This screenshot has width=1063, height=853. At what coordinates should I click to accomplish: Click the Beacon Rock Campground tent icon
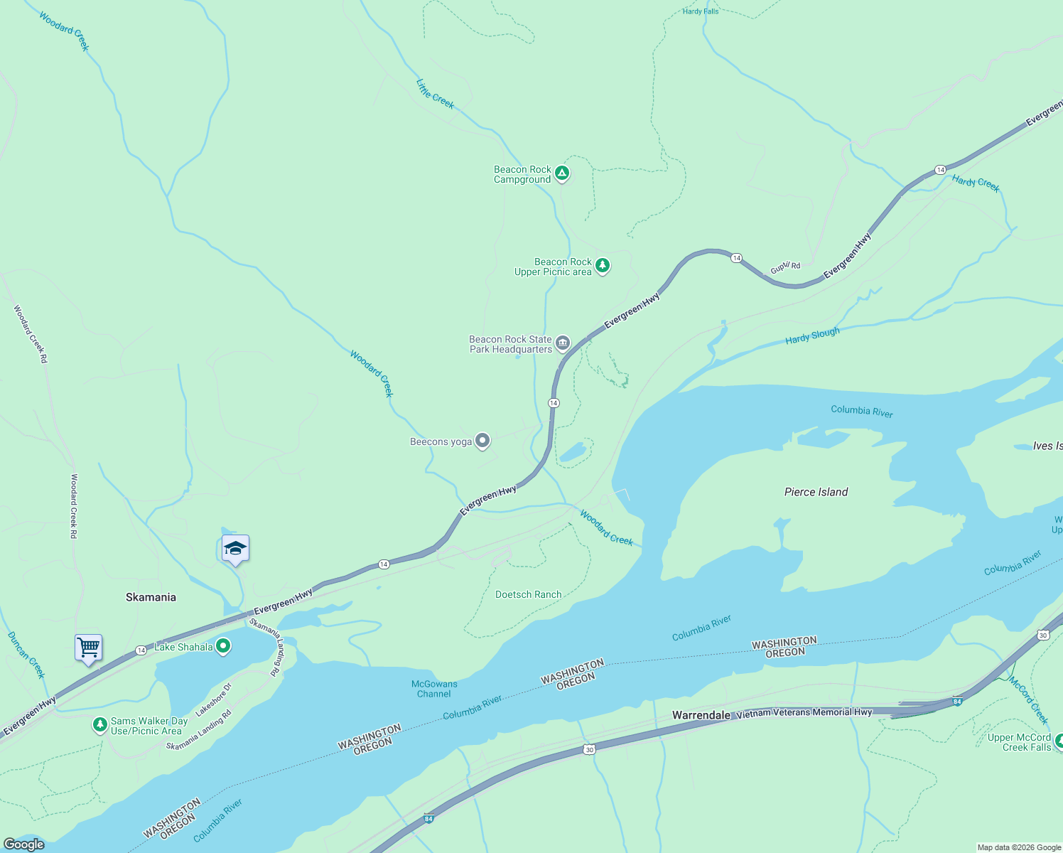click(561, 173)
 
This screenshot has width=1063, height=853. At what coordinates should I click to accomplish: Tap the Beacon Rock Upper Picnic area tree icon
click(603, 265)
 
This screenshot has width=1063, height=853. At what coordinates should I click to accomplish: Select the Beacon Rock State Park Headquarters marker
click(563, 343)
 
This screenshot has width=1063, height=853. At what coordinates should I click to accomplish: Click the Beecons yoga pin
click(482, 441)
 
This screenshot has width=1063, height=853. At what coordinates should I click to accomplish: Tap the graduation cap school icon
click(235, 549)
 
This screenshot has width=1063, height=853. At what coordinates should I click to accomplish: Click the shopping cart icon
click(89, 648)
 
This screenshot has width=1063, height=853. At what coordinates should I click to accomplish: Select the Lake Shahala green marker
click(223, 646)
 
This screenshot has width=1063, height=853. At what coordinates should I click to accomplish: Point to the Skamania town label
click(151, 597)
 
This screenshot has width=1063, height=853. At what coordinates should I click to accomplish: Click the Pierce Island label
click(816, 492)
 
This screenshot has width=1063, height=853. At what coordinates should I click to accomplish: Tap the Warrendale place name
click(701, 715)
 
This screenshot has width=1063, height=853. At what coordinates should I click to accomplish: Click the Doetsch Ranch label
click(528, 594)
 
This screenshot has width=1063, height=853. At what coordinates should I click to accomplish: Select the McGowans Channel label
click(434, 689)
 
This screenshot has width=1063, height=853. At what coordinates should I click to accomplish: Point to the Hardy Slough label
click(812, 336)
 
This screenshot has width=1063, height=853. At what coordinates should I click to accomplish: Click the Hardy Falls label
click(701, 11)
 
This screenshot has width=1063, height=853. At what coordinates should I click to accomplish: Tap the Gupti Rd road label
click(785, 267)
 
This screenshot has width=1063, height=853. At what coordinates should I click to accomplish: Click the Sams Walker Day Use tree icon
click(100, 725)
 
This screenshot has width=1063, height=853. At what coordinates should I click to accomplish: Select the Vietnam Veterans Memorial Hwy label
click(804, 712)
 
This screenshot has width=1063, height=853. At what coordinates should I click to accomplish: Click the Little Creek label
click(435, 94)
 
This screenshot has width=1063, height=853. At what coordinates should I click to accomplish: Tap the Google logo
click(24, 844)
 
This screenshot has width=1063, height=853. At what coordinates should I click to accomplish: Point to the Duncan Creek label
click(26, 655)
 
